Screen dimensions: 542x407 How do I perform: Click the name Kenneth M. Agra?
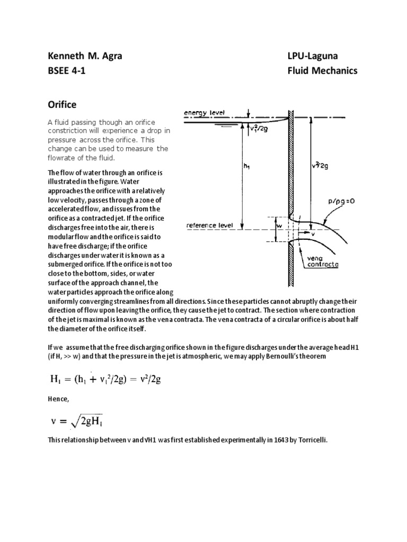tap(85, 56)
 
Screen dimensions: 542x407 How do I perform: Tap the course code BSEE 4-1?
tap(66, 71)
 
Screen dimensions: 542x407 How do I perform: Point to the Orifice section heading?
tap(63, 105)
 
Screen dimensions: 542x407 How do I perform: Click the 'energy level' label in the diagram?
tap(204, 113)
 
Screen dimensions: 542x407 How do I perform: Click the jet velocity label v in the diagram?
tap(313, 233)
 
